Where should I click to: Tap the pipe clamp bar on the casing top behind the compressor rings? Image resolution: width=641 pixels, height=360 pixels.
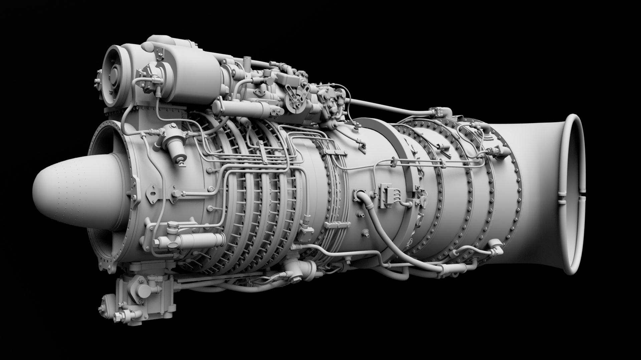[x=334, y=152]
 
